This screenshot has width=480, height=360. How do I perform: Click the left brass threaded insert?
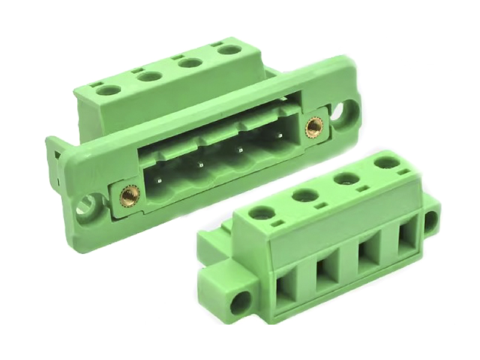[130, 195]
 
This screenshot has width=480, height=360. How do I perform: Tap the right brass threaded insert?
[313, 126]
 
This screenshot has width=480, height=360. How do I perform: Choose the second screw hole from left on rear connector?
[148, 77]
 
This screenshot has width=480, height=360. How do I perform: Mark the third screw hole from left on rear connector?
[190, 62]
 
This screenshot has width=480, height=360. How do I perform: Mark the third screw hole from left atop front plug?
[344, 179]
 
